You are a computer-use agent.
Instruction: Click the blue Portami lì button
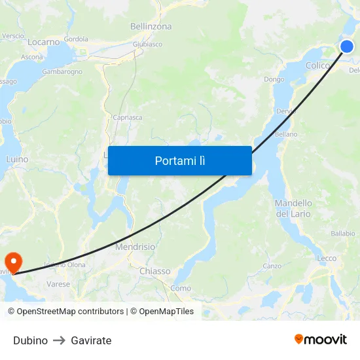(179, 160)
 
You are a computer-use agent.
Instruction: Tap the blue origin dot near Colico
(347, 46)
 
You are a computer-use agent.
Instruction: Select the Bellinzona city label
(151, 27)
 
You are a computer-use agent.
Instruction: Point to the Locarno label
(44, 42)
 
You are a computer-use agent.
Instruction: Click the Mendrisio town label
(135, 247)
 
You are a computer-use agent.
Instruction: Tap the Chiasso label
(155, 271)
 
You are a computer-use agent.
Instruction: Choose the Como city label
(181, 288)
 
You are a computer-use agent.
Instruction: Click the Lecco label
(327, 259)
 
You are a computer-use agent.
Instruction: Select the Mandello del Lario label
(293, 208)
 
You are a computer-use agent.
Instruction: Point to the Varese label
(58, 284)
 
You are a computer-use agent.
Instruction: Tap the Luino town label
(17, 159)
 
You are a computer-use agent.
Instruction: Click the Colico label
(317, 65)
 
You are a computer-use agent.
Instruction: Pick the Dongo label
(274, 80)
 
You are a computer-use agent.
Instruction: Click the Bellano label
(286, 134)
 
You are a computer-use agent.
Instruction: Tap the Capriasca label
(127, 118)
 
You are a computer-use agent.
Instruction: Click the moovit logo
(321, 340)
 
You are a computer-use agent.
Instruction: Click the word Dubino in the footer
(30, 340)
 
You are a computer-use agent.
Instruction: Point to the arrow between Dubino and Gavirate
(59, 340)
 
